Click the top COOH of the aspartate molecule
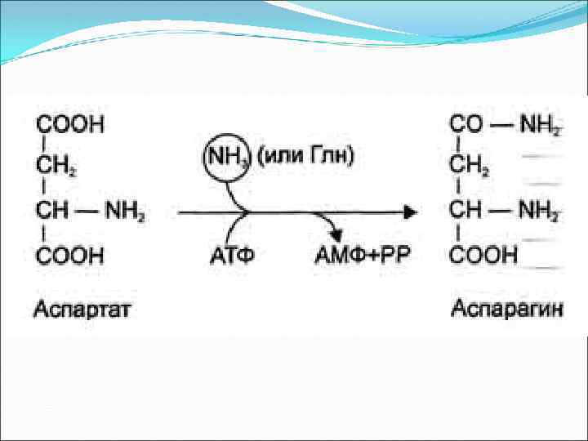[x=69, y=125]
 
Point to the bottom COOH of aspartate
[x=69, y=255]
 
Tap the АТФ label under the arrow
[x=233, y=255]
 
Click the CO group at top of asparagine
[x=467, y=125]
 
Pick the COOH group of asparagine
[x=484, y=255]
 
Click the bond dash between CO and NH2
[x=501, y=125]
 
